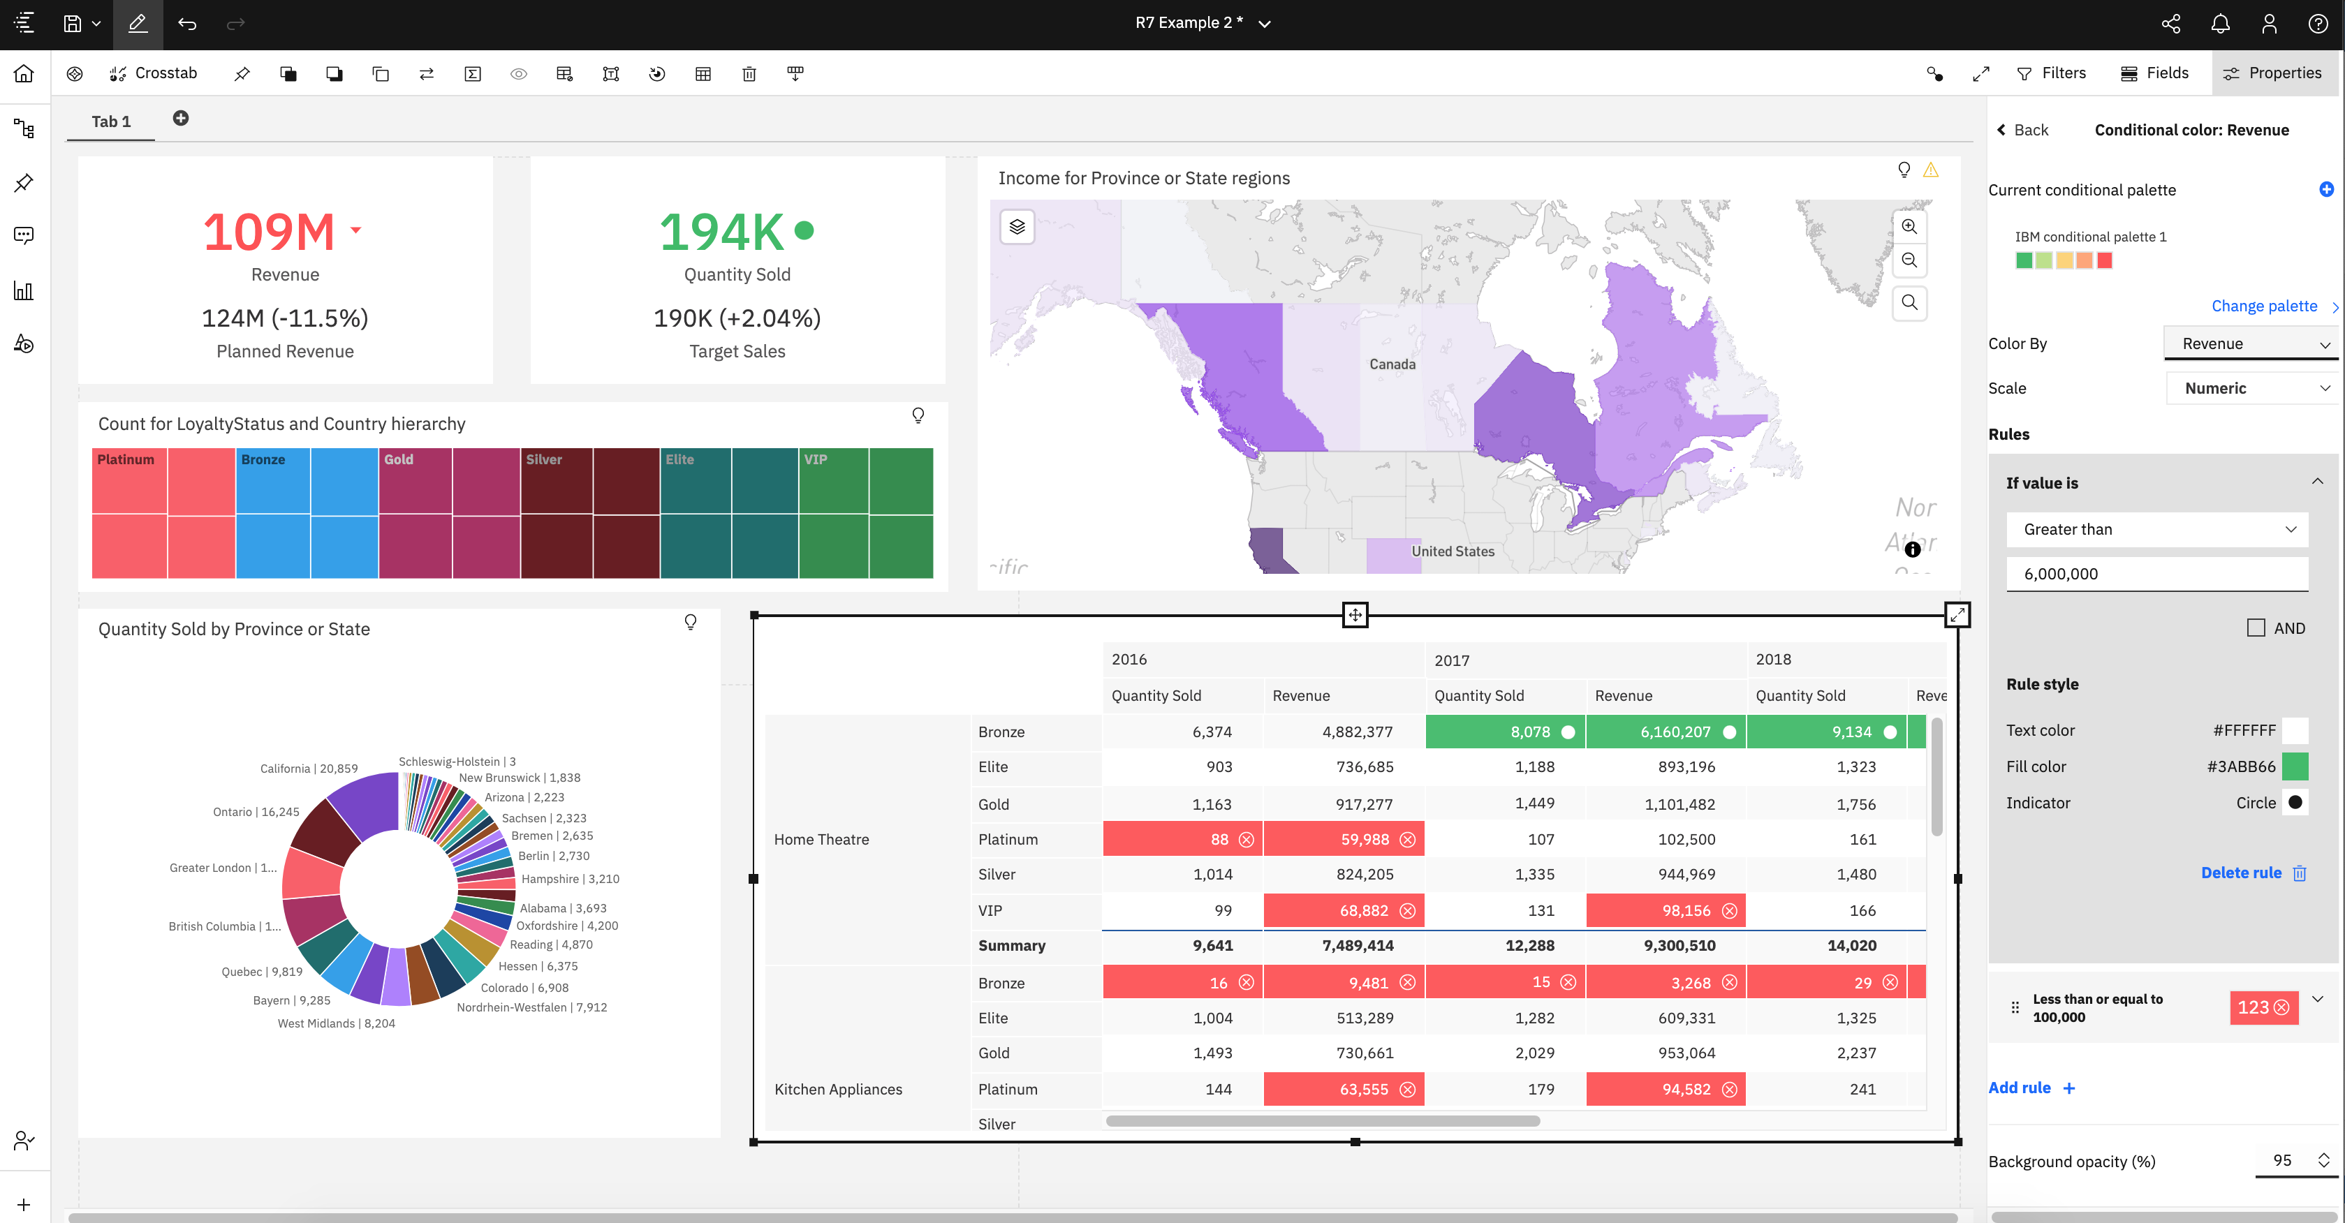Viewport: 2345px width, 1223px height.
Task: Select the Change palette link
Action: [2264, 306]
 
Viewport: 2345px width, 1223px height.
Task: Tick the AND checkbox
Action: [2256, 628]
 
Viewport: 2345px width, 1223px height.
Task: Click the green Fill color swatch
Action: [2294, 766]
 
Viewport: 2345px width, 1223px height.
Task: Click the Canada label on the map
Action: [1392, 364]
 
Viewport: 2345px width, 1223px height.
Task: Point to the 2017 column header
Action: [1451, 660]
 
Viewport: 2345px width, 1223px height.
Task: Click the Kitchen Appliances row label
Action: [837, 1089]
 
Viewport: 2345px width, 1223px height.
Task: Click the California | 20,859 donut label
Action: [309, 769]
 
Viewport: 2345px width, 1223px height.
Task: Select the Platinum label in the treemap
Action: [126, 459]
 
